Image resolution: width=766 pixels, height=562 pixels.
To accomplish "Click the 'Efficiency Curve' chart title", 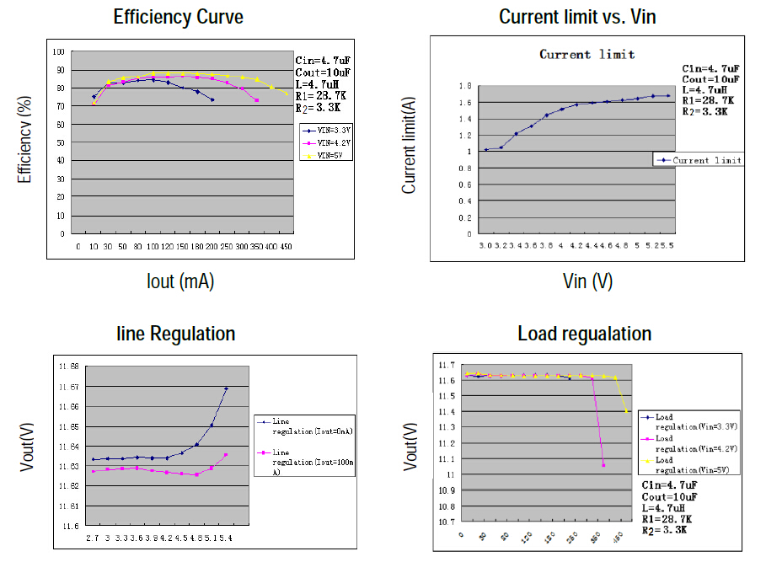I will click(x=179, y=17).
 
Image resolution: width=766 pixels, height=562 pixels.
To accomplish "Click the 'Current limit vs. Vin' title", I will click(x=577, y=17).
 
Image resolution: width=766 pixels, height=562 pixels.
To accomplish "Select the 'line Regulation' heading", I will click(x=175, y=334).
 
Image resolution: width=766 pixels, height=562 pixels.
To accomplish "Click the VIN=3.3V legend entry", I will click(x=327, y=131).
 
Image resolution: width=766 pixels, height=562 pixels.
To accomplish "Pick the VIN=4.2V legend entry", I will click(x=327, y=143).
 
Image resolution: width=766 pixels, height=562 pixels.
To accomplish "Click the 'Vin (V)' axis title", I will click(x=587, y=281).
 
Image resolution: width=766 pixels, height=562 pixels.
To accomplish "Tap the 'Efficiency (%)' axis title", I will click(x=24, y=142).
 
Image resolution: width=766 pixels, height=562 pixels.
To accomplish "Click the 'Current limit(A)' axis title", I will click(x=410, y=146).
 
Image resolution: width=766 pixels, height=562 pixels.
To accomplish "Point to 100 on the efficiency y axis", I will click(x=60, y=51).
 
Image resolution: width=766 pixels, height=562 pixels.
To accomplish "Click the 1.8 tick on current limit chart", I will click(x=463, y=86).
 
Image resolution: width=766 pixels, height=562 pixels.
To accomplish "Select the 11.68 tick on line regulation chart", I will click(x=68, y=367).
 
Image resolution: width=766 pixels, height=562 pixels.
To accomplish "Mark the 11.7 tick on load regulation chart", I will click(x=446, y=366).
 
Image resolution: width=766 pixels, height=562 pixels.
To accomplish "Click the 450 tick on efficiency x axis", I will click(x=286, y=247).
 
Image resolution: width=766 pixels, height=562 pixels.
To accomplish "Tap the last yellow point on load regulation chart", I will click(x=626, y=410).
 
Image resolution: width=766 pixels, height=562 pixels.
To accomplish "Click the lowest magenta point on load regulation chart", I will click(x=603, y=464).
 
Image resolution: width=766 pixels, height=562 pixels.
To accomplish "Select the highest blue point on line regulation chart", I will click(x=227, y=388).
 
